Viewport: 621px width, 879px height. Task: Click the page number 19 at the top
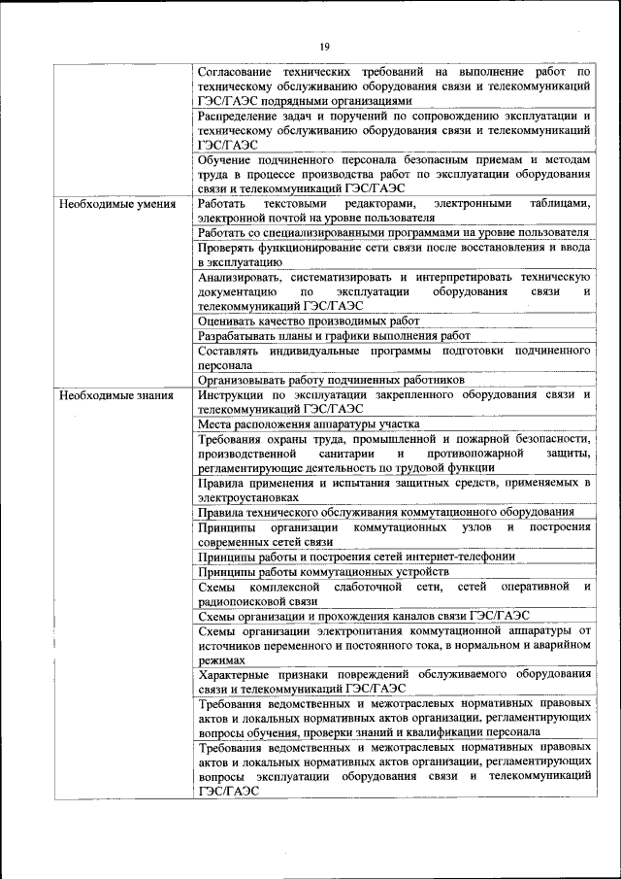coord(325,46)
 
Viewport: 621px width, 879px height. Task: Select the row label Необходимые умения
coord(117,204)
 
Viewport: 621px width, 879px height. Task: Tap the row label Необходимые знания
coord(116,395)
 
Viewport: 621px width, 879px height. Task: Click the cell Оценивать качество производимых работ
coord(309,320)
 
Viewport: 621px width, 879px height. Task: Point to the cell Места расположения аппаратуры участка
coord(309,423)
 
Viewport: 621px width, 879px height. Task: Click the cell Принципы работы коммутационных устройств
coord(336,572)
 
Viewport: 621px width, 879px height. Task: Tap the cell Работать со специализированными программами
coord(393,233)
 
